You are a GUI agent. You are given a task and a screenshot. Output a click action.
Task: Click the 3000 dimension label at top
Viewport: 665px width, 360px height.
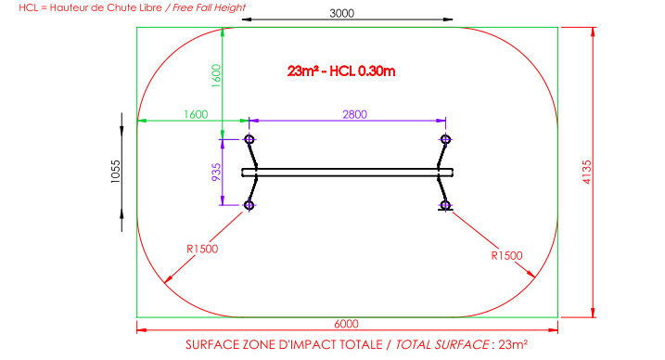342,13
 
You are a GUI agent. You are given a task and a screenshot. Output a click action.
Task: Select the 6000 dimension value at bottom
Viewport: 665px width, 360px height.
347,324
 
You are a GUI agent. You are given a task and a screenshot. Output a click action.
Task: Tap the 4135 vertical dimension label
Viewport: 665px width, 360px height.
586,172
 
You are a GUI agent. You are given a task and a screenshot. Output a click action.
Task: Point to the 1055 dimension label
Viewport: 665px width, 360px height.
115,172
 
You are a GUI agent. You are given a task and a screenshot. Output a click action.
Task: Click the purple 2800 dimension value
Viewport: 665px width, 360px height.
354,114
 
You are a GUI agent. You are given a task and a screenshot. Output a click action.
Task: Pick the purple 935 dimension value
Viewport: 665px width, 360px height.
216,173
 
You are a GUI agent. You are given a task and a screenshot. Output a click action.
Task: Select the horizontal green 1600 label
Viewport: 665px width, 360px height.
196,114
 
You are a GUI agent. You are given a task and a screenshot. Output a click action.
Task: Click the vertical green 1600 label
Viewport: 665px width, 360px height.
216,75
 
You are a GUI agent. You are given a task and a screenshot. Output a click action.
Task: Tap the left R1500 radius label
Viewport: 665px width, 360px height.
202,249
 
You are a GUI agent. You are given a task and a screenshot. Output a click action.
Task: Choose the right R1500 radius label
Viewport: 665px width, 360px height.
506,256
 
